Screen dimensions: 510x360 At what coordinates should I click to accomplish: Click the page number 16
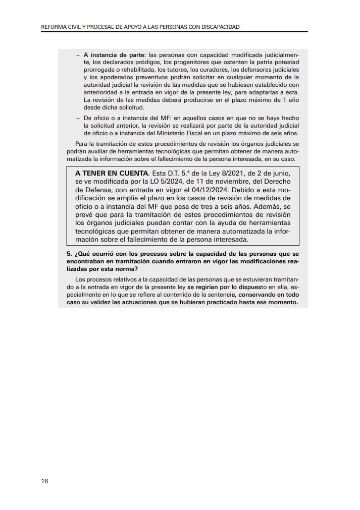tap(45, 481)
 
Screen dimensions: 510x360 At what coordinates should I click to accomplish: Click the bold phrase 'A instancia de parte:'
tap(115, 54)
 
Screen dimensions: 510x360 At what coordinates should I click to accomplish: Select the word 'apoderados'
tap(109, 77)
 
